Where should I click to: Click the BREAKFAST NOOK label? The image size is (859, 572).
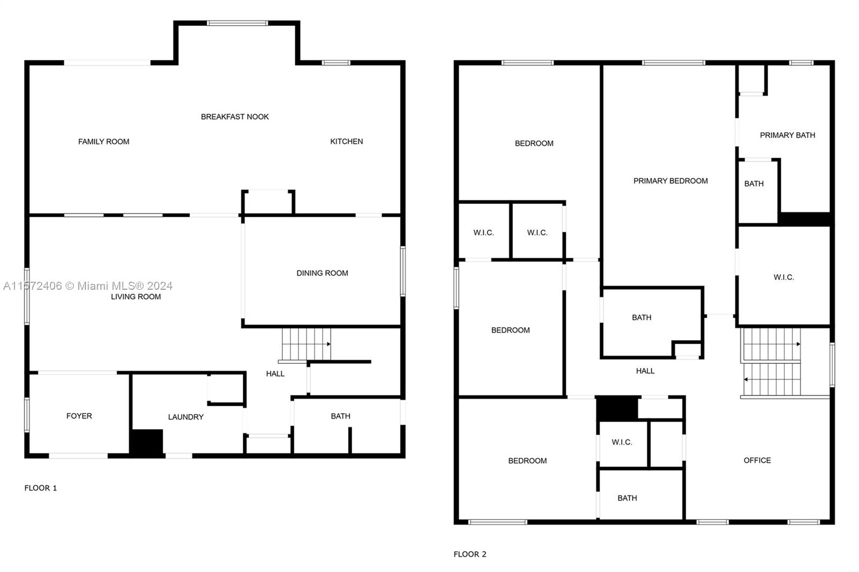click(235, 116)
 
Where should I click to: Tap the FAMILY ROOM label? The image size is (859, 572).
click(104, 142)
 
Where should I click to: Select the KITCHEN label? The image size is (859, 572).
click(346, 142)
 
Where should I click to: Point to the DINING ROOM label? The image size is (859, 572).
click(322, 273)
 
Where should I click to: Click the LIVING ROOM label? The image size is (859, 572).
click(136, 296)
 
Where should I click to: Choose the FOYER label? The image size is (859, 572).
click(79, 416)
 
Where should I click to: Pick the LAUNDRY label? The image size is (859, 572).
click(186, 417)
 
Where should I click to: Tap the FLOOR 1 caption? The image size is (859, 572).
click(40, 488)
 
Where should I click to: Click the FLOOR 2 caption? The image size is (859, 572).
click(470, 554)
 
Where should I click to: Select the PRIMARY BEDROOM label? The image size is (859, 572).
click(671, 181)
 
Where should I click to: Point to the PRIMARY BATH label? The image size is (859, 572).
click(787, 135)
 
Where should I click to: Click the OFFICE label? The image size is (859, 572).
click(757, 460)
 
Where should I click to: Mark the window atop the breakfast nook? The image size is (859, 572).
click(237, 24)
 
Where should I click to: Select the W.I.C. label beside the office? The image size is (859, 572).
click(622, 442)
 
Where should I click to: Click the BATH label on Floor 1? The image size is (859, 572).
click(340, 416)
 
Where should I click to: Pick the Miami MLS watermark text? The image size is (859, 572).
click(88, 285)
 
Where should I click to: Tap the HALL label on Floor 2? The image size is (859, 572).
click(645, 371)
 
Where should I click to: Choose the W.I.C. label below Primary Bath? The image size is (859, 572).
click(783, 277)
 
